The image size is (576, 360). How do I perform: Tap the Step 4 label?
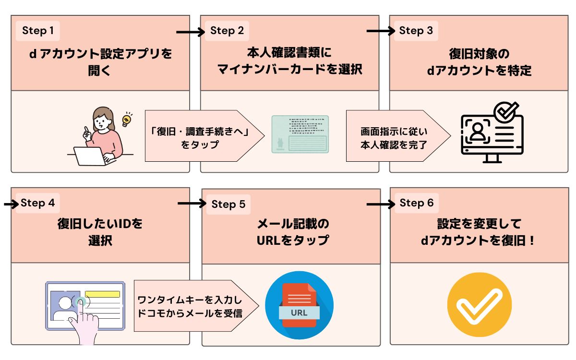(37, 203)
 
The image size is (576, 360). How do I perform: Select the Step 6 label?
(416, 203)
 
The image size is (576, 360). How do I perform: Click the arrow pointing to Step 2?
(190, 32)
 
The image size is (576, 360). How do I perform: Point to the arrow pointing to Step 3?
(380, 32)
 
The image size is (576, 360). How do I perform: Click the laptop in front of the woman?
(91, 156)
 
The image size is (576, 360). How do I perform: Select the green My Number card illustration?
(300, 134)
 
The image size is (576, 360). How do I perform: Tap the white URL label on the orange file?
(300, 313)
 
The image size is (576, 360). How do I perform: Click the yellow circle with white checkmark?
(479, 304)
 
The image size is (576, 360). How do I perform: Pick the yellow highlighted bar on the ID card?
(102, 294)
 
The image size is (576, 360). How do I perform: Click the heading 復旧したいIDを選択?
(100, 232)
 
